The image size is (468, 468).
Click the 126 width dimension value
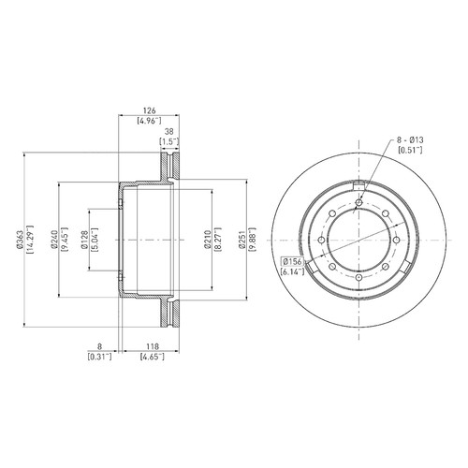[x=149, y=110]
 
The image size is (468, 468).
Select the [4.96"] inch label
[x=149, y=121]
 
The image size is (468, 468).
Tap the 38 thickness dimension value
[x=168, y=131]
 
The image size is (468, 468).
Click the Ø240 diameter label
[x=53, y=240]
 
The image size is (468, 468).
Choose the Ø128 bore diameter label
[x=83, y=240]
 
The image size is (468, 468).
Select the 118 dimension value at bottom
[x=152, y=346]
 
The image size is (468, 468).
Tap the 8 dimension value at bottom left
[x=99, y=346]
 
